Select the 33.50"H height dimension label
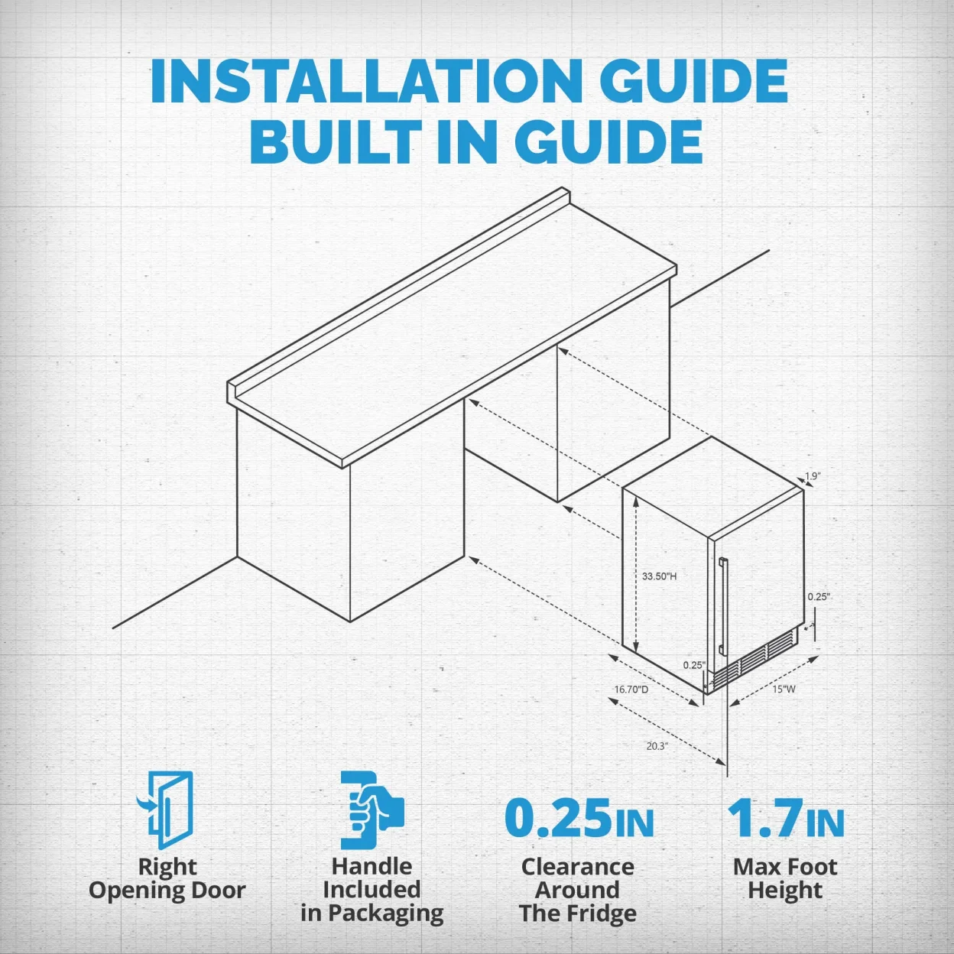click(x=659, y=576)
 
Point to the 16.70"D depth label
click(x=631, y=690)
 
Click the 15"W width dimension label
click(x=784, y=689)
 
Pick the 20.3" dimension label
click(x=657, y=746)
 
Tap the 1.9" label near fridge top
click(x=813, y=475)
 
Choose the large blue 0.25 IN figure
click(x=579, y=818)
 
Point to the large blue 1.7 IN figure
click(x=785, y=818)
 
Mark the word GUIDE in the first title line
click(x=696, y=81)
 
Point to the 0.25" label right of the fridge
click(x=819, y=597)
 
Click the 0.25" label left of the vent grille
click(x=694, y=665)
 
